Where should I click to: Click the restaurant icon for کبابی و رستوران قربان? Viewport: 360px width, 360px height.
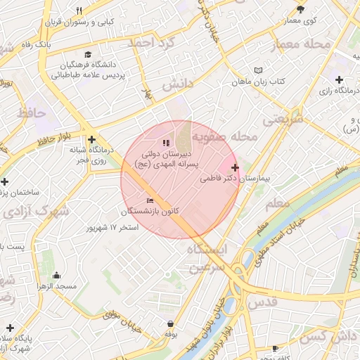click(x=79, y=11)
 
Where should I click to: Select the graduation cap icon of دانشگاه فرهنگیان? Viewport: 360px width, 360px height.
click(x=88, y=54)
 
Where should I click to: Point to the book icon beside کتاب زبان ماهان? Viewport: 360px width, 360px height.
click(x=258, y=70)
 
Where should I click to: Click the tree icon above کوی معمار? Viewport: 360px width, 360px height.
click(x=301, y=9)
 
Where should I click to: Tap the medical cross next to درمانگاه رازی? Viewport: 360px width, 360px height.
click(x=340, y=79)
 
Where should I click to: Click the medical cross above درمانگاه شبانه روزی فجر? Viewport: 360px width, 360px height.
click(x=91, y=139)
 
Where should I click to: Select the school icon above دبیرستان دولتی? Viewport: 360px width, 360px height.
click(x=166, y=143)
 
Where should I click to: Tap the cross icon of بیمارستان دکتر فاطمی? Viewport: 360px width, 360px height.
click(x=234, y=167)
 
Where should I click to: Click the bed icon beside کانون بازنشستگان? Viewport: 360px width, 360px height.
click(x=149, y=201)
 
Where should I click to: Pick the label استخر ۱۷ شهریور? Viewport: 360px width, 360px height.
click(x=112, y=227)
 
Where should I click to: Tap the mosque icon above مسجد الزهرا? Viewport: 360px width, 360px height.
click(x=57, y=275)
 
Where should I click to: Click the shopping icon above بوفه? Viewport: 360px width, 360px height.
click(x=171, y=324)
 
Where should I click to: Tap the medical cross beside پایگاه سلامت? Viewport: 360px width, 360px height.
click(x=10, y=328)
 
